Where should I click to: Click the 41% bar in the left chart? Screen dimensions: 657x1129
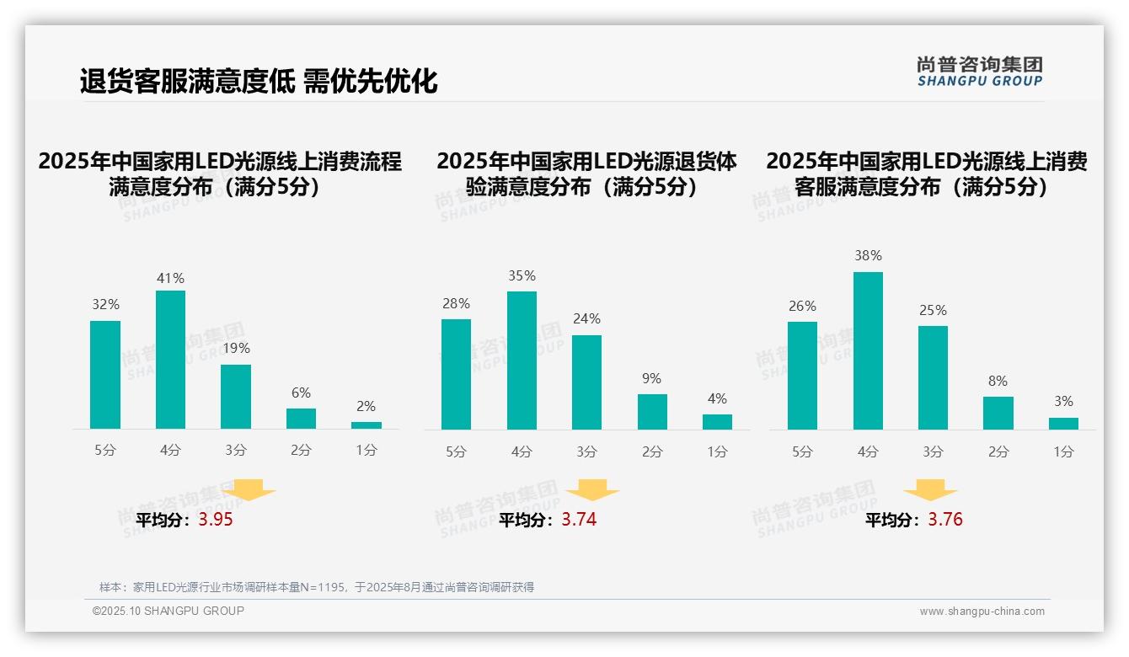pyautogui.click(x=170, y=360)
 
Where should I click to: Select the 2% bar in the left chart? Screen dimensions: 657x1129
pyautogui.click(x=367, y=425)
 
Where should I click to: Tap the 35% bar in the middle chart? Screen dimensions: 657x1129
pyautogui.click(x=522, y=361)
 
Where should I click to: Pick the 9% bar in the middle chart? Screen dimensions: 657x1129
pyautogui.click(x=652, y=412)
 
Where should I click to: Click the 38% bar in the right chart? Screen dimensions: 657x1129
pyautogui.click(x=868, y=350)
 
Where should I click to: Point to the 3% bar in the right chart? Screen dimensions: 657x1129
pyautogui.click(x=1063, y=424)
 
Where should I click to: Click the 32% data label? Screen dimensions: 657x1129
pyautogui.click(x=105, y=305)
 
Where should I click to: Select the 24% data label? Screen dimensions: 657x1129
pyautogui.click(x=586, y=319)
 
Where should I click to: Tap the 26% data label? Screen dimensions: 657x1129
pyautogui.click(x=802, y=307)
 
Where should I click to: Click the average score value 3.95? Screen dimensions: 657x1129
pyautogui.click(x=216, y=520)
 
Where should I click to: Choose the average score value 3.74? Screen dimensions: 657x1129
pyautogui.click(x=579, y=520)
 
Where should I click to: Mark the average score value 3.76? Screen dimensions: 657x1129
pyautogui.click(x=945, y=520)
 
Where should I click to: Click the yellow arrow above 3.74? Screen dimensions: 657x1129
pyautogui.click(x=592, y=490)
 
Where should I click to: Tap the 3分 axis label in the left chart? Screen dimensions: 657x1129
pyautogui.click(x=236, y=451)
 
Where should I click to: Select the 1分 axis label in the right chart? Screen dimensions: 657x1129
pyautogui.click(x=1063, y=452)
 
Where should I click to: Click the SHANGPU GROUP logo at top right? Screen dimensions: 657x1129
pyautogui.click(x=979, y=72)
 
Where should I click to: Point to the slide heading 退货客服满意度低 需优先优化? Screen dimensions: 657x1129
pyautogui.click(x=259, y=82)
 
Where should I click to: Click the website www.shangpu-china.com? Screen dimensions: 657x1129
pyautogui.click(x=982, y=612)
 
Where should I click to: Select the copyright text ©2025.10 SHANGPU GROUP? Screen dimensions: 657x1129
pyautogui.click(x=169, y=611)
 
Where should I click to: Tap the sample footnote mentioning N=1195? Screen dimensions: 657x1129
pyautogui.click(x=317, y=587)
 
